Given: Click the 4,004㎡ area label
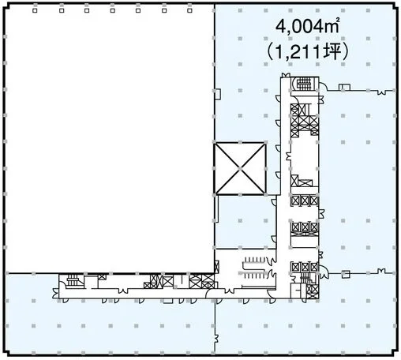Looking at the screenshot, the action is point(308,27).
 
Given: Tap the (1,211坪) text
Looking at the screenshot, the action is point(307,51).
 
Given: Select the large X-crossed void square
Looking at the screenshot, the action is point(240,168).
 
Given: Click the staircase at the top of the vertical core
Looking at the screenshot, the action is point(304,84).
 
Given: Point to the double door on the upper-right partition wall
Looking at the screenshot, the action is point(381,92).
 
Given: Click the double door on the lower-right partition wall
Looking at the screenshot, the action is point(381,271).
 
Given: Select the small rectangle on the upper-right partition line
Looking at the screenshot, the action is point(344,88).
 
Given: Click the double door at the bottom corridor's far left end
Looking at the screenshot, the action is point(56,294).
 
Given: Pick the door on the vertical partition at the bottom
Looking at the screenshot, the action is point(217,339).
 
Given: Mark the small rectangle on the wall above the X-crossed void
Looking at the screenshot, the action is point(218,94).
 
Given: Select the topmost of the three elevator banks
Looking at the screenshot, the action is point(305,201).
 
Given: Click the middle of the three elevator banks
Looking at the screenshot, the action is point(305,227).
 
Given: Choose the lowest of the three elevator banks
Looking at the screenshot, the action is point(305,267).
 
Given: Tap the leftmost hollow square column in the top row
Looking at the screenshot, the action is point(35,10).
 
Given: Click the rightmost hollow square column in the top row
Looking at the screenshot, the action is point(189,10).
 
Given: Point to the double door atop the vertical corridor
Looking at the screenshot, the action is point(286,75).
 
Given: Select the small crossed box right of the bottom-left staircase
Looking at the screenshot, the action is point(102,277).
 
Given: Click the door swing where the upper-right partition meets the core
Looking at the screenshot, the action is point(323,86).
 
